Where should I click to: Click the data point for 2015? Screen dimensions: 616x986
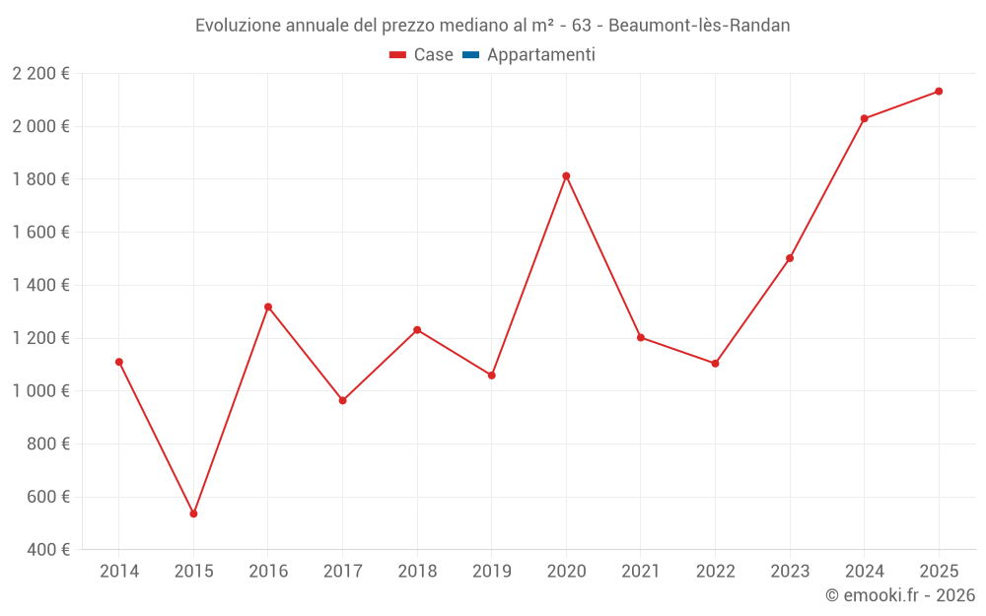pos(193,513)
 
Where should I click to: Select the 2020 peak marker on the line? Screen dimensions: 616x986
pos(566,176)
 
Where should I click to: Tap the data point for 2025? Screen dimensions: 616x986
pos(939,92)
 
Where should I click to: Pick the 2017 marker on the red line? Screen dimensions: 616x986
pos(342,400)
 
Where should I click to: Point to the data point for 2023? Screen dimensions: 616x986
pos(790,258)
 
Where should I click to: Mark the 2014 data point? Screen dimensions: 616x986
pos(119,362)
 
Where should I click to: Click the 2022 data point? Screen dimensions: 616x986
pos(715,364)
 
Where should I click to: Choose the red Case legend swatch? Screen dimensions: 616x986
pos(398,55)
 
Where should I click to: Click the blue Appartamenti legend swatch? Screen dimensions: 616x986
pos(470,55)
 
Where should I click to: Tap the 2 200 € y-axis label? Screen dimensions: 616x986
pos(41,73)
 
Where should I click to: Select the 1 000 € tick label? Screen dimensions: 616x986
pos(41,390)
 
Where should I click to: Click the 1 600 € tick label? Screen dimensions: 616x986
pos(41,232)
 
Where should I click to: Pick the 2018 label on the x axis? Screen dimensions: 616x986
pos(417,571)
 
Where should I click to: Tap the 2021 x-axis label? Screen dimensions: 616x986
pos(641,571)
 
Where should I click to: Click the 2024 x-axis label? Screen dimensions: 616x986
pos(865,571)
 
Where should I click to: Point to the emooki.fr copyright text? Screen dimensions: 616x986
pos(900,595)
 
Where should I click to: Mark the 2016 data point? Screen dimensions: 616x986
pos(268,307)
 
